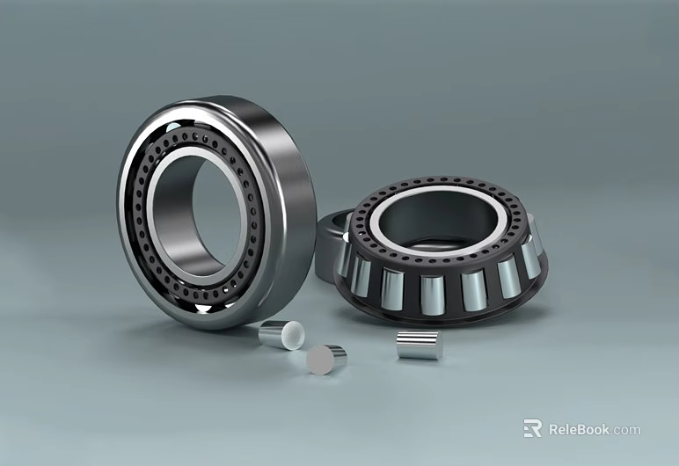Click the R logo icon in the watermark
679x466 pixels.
click(x=532, y=428)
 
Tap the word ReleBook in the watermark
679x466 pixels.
click(x=580, y=430)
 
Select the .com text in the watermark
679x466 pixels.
click(x=627, y=430)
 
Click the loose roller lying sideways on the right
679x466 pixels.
click(x=419, y=346)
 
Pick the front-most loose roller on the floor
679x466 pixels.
click(x=325, y=360)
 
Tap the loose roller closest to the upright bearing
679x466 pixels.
click(x=281, y=335)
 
